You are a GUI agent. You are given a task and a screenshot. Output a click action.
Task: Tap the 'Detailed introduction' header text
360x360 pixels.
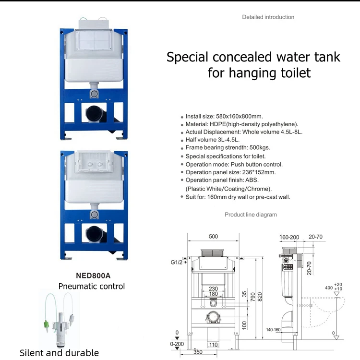(x=268, y=17)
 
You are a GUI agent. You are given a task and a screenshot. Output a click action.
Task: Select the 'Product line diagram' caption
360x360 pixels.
(x=251, y=215)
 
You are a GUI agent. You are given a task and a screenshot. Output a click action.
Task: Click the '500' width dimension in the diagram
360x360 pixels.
(x=213, y=236)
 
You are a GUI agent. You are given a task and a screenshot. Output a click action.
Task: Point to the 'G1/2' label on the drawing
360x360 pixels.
(x=176, y=263)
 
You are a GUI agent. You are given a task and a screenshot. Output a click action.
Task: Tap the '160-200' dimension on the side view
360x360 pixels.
(x=289, y=237)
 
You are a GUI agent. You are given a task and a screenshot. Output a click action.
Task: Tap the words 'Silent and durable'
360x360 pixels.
(x=59, y=353)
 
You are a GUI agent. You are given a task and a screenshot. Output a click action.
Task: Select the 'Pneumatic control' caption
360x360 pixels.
(x=92, y=286)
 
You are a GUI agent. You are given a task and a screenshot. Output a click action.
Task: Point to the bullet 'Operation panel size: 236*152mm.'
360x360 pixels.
(x=230, y=172)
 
